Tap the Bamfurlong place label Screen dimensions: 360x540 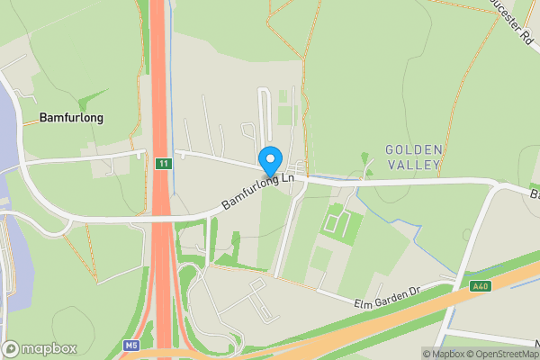tap(71, 118)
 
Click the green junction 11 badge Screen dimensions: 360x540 tap(162, 164)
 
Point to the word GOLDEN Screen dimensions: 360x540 tap(413, 148)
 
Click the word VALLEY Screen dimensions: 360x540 tap(413, 165)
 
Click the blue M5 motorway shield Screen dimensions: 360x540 tap(130, 346)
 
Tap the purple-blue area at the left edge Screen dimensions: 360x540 tap(7, 135)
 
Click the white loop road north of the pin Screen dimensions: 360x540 tap(264, 112)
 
